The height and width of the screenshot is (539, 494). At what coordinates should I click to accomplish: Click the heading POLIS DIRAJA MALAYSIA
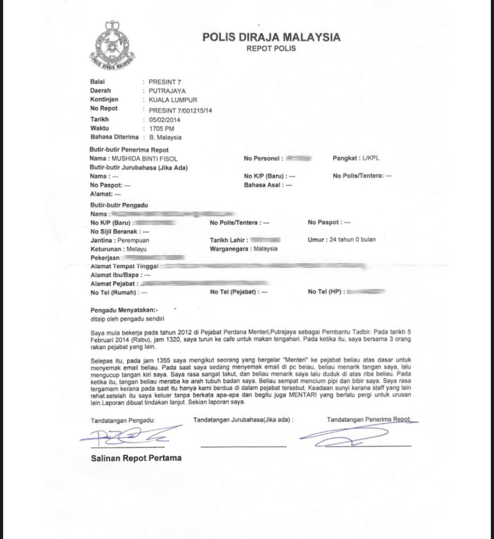click(271, 37)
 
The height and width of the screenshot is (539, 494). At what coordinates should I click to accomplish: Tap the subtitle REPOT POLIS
click(271, 48)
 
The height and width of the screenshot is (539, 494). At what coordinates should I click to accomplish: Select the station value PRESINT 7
click(165, 82)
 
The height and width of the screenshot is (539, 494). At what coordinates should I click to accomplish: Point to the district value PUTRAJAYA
click(167, 91)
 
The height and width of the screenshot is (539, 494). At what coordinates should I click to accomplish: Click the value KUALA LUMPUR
click(173, 100)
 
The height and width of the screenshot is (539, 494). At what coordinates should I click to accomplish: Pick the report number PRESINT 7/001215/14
click(180, 110)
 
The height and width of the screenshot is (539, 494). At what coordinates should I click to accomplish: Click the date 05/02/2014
click(164, 119)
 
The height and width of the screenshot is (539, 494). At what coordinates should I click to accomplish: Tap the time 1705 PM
click(162, 129)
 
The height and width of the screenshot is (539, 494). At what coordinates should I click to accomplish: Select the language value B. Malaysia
click(165, 137)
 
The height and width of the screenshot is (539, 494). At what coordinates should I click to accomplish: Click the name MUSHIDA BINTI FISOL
click(144, 159)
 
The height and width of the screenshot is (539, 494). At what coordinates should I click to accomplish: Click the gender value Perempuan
click(133, 240)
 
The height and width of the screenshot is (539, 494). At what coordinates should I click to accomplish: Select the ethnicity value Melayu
click(137, 249)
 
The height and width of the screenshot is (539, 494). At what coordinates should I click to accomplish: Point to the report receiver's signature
click(347, 435)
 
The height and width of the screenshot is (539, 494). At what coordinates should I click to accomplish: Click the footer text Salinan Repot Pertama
click(136, 458)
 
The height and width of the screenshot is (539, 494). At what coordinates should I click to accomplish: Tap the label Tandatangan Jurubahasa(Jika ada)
click(243, 420)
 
